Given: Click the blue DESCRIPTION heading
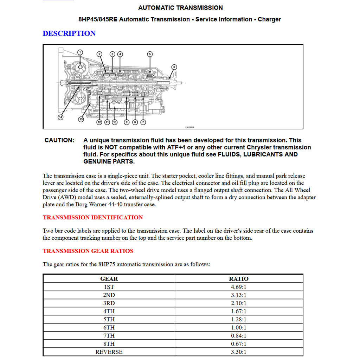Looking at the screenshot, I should tap(69, 33).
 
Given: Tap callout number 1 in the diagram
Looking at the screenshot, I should tap(80, 52).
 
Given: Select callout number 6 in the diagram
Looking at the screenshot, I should tap(174, 67).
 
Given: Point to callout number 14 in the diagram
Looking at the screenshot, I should tap(60, 117).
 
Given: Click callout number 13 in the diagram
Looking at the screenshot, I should tap(81, 120).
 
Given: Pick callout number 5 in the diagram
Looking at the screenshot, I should tap(150, 54).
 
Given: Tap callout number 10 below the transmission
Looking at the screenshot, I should tap(115, 122).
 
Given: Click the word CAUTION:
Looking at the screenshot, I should tap(59, 140).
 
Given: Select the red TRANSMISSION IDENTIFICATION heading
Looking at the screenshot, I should tap(92, 217).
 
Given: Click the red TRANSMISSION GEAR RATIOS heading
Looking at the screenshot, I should tap(88, 251).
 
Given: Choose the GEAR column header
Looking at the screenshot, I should tap(109, 279).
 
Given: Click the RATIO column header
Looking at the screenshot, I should tap(239, 279).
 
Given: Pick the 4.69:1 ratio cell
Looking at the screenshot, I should tap(239, 287).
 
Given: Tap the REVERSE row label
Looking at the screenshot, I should tap(109, 352).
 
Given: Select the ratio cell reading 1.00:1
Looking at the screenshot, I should tap(239, 328).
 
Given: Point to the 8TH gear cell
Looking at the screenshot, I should tap(109, 344).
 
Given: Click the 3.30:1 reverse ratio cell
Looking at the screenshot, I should tap(239, 352).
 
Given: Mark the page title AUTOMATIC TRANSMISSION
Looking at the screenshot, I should tap(180, 8).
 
